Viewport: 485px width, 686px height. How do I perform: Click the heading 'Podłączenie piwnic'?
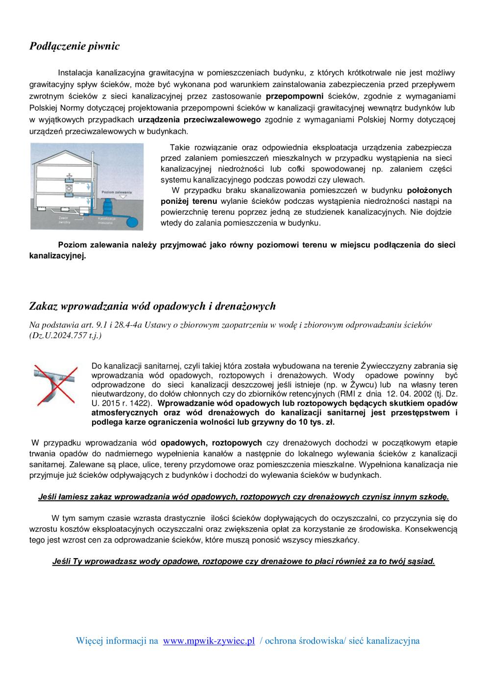pyautogui.click(x=74, y=47)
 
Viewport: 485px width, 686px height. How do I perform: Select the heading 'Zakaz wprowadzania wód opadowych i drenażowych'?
pyautogui.click(x=152, y=306)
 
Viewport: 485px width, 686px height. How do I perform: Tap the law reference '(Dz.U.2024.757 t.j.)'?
pyautogui.click(x=66, y=336)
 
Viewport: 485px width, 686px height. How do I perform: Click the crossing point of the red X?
pyautogui.click(x=55, y=385)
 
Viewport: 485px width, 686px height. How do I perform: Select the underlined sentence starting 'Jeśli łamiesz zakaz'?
pyautogui.click(x=243, y=497)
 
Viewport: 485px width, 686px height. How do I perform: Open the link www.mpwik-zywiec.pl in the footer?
pyautogui.click(x=209, y=641)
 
